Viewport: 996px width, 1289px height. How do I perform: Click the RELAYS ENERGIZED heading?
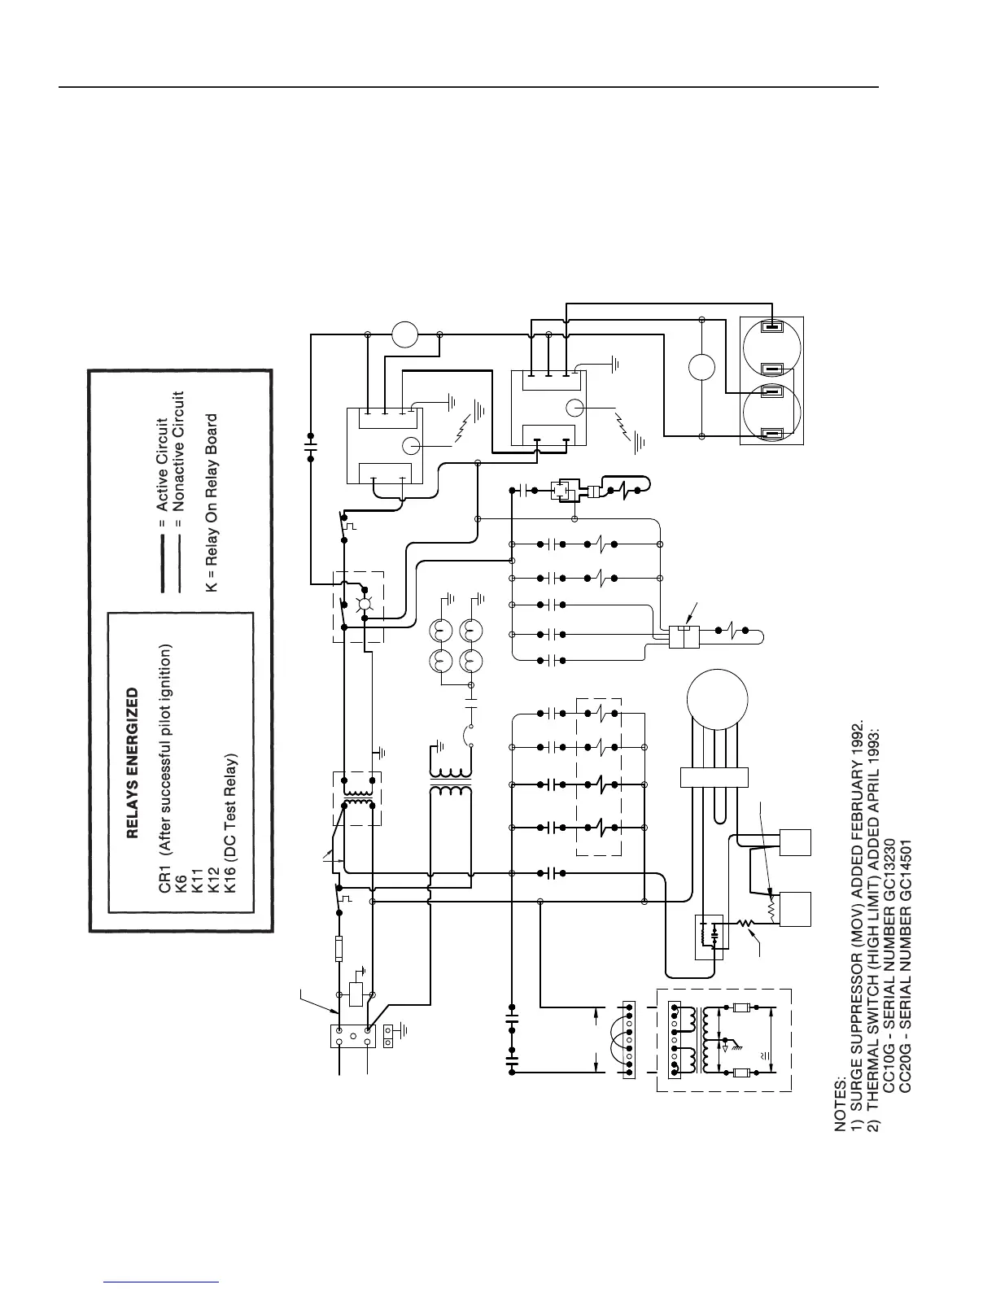point(133,764)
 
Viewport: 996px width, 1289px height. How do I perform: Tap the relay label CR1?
point(164,882)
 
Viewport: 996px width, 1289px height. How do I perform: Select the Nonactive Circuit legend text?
point(180,451)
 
